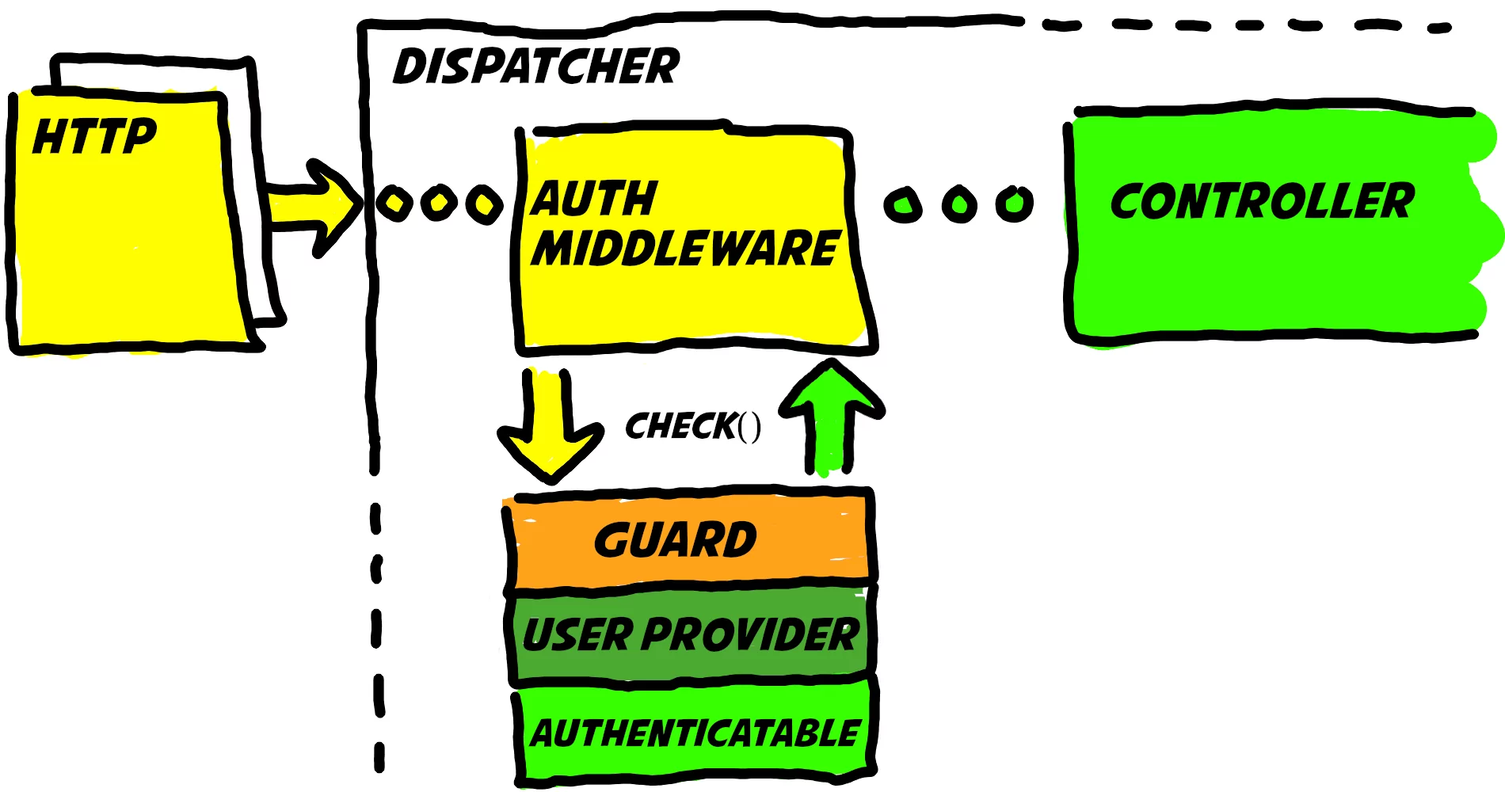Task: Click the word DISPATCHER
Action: [x=536, y=67]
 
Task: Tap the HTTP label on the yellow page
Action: [x=94, y=136]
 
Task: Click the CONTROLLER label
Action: [x=1262, y=201]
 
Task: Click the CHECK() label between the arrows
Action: [x=692, y=426]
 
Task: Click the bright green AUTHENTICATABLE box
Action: [x=694, y=733]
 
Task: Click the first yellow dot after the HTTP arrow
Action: [x=394, y=204]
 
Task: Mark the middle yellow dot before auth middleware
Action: [x=439, y=203]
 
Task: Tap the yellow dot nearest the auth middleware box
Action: [x=484, y=204]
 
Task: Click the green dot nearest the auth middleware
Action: [x=903, y=205]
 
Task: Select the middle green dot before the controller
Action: [x=959, y=204]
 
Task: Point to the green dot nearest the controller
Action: [x=1014, y=204]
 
